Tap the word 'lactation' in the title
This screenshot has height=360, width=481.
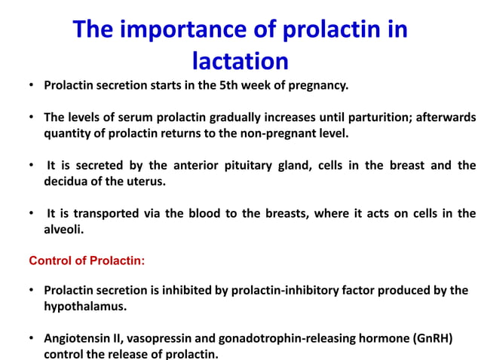tap(240, 59)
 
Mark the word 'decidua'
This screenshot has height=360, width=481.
tap(68, 182)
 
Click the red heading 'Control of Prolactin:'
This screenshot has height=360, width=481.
tap(87, 261)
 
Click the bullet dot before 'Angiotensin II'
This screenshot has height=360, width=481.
tap(32, 338)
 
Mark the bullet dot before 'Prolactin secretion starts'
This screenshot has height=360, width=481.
tap(32, 85)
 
